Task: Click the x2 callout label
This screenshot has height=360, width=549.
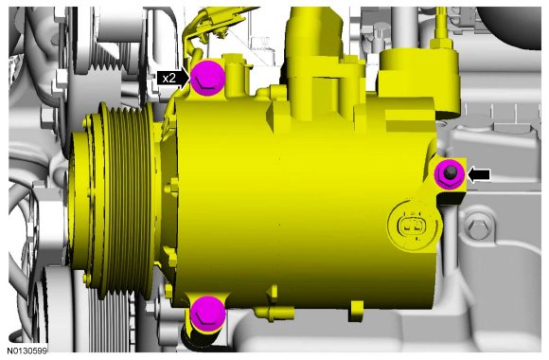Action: pos(169,78)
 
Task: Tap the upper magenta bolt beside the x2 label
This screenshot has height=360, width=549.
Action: pos(207,78)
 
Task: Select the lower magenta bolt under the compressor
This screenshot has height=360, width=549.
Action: pos(207,314)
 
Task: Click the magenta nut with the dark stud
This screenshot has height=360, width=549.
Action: pos(450,174)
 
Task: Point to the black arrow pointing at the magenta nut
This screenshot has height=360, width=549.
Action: pos(479,174)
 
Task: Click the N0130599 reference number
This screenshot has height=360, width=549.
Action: pos(27,351)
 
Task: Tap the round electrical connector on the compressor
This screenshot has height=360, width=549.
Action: pos(413,225)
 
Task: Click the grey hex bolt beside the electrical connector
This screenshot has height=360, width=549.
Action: pos(478,228)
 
